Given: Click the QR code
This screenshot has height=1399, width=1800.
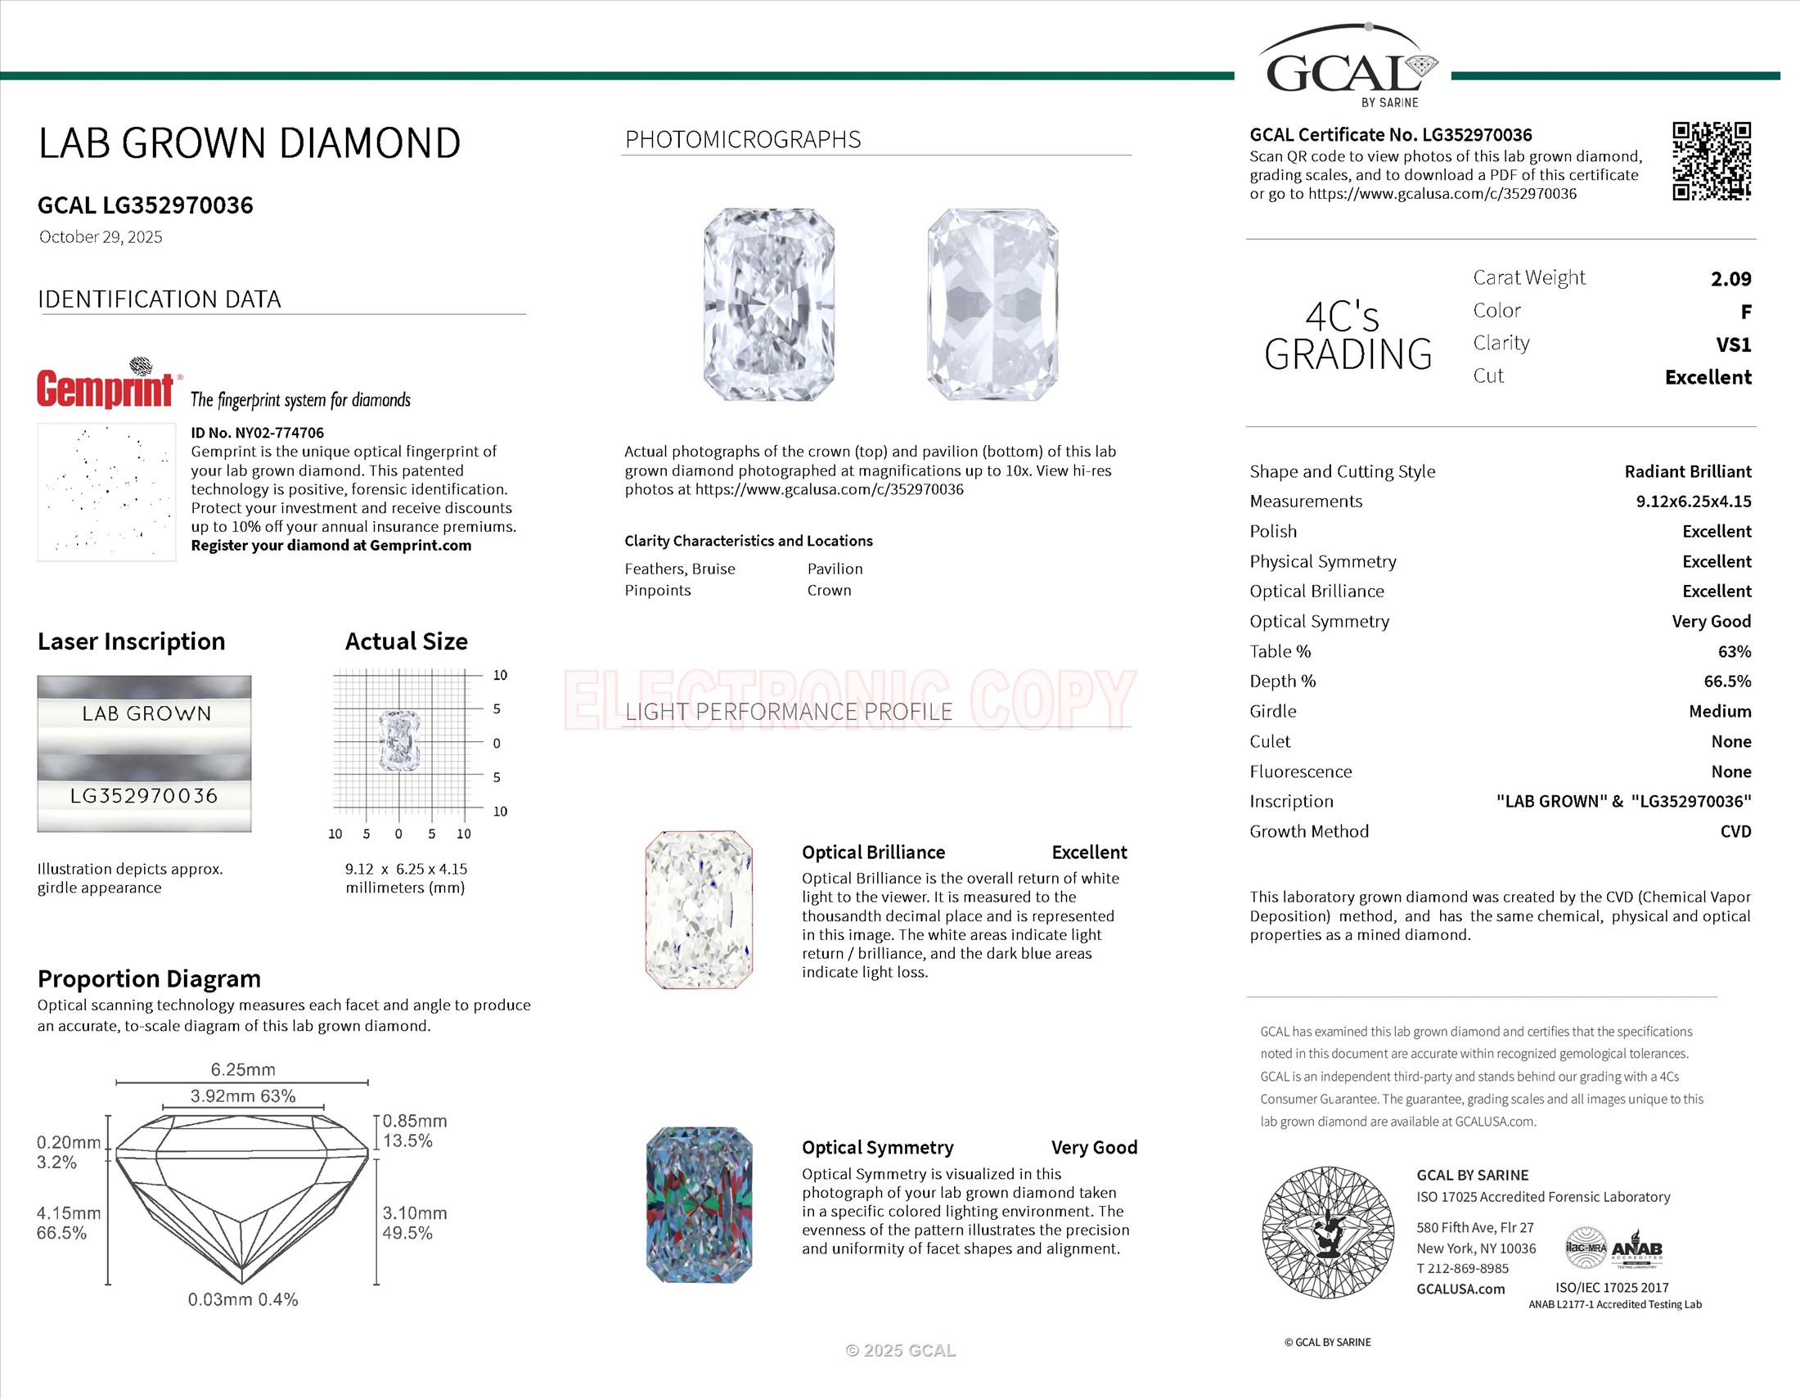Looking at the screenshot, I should click(1711, 160).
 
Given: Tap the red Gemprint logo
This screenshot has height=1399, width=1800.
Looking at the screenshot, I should click(106, 388).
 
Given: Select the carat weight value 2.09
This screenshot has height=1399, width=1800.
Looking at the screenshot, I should click(1730, 278).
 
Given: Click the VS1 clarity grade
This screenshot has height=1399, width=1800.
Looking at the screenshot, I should click(1733, 344).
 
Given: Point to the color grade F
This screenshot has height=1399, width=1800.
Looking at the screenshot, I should click(1745, 312).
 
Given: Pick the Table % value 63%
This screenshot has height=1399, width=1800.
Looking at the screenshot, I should click(1734, 651).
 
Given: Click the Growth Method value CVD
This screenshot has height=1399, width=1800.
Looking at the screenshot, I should click(1735, 831).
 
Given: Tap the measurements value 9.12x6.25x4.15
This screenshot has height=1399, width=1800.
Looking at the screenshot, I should click(1693, 501).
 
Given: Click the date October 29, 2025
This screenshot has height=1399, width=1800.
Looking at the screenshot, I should click(101, 237).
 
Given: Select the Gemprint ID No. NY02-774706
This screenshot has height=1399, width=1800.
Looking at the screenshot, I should click(257, 433).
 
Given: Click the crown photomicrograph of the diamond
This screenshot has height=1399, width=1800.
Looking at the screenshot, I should click(769, 305).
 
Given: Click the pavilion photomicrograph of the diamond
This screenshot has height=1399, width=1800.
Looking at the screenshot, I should click(992, 305).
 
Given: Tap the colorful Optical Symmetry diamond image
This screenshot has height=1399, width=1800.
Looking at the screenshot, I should click(699, 1204).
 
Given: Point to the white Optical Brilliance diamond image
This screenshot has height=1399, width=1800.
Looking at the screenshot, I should click(699, 910).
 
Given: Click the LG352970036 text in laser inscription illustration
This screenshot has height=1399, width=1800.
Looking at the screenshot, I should click(144, 796).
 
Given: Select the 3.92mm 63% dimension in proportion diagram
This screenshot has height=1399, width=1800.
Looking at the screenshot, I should click(242, 1095).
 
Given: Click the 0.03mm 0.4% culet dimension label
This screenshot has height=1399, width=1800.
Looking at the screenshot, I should click(242, 1299).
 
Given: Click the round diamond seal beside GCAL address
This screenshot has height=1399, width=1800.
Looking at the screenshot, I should click(1328, 1233).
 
